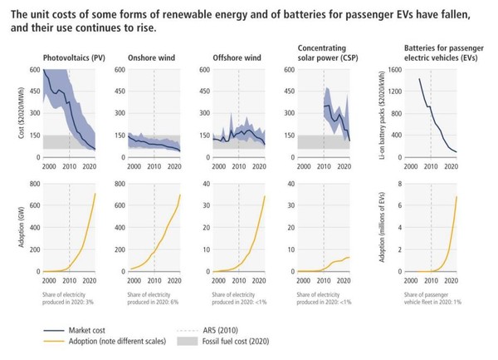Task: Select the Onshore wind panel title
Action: click(152, 58)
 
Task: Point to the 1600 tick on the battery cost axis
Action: click(394, 71)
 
